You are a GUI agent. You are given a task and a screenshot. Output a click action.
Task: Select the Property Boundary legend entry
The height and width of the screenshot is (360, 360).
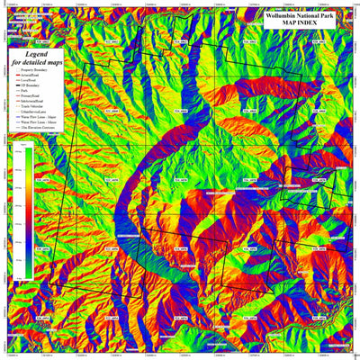point(37,74)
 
